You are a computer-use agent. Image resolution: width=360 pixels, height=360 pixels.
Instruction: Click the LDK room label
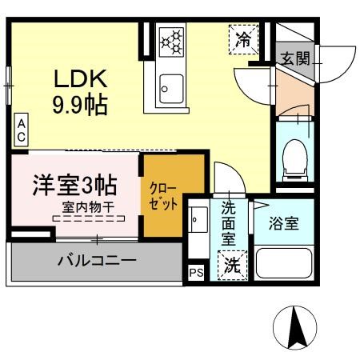point(79,79)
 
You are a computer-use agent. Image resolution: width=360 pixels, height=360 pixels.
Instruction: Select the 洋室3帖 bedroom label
point(74,185)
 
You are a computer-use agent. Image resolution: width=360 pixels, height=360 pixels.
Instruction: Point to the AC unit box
point(22,130)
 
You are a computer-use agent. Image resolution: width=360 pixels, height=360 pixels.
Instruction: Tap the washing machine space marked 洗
point(232,263)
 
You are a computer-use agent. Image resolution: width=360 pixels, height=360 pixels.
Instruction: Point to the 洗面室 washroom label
point(230,223)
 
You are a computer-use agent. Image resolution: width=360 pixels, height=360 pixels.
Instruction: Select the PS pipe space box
point(196,272)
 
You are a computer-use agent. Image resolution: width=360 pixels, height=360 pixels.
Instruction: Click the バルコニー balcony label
point(95,261)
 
